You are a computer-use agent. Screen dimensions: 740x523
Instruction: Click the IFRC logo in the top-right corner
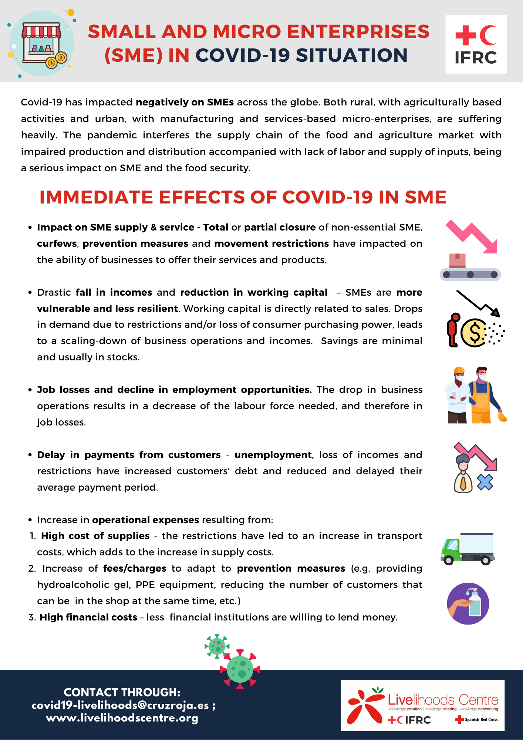(476, 44)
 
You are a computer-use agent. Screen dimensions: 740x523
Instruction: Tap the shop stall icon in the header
(41, 43)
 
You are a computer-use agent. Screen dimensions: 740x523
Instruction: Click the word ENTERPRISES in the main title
(358, 32)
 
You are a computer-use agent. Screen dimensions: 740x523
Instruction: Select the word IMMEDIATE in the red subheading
(96, 197)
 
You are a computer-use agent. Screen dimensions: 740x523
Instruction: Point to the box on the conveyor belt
(457, 261)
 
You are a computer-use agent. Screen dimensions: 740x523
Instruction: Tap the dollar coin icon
(474, 333)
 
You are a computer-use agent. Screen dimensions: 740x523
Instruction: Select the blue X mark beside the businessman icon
(485, 482)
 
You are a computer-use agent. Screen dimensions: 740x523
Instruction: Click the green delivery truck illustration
(468, 549)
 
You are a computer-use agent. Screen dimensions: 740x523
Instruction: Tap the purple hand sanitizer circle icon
(468, 603)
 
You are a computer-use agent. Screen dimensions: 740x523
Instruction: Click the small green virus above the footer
(217, 646)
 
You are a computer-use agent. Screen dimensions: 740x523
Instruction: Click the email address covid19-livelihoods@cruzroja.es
(120, 705)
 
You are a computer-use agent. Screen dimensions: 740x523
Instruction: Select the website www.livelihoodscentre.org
(122, 718)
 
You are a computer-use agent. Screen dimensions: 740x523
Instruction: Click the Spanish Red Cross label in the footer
(477, 720)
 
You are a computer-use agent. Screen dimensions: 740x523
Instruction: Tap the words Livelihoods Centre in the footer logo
(443, 700)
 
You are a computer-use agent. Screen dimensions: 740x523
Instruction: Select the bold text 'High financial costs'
(88, 617)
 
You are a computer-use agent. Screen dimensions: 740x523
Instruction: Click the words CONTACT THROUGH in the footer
(122, 692)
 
